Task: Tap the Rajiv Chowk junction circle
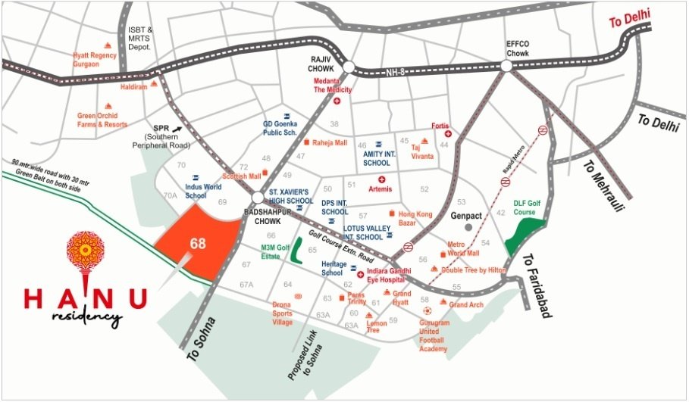(348, 67)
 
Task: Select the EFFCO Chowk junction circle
(506, 66)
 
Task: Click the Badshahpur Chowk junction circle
(258, 198)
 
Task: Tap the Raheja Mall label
(329, 142)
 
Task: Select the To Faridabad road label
(535, 285)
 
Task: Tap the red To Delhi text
(630, 17)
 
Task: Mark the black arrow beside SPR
(177, 129)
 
